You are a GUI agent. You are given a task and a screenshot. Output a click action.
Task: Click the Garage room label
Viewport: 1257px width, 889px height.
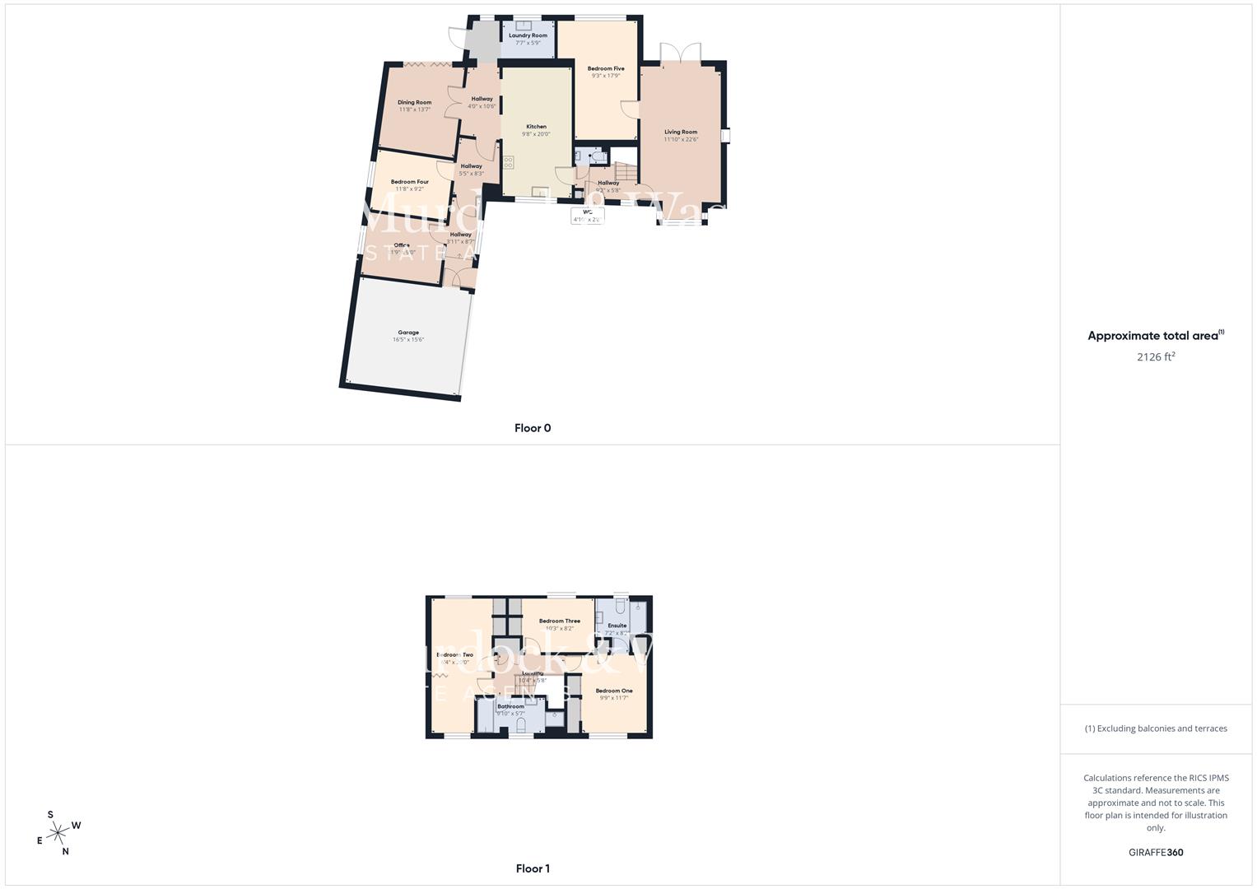(408, 333)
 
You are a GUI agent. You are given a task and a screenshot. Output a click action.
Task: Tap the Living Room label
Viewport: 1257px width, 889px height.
(681, 132)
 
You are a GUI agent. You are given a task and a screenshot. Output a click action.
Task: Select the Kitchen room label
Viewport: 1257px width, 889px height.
(536, 127)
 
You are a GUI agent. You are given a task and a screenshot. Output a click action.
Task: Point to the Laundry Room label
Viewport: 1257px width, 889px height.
(528, 35)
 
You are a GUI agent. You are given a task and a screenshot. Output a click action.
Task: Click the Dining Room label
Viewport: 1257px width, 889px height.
(415, 103)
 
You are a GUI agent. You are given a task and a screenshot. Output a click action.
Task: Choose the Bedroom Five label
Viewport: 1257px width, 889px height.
(606, 69)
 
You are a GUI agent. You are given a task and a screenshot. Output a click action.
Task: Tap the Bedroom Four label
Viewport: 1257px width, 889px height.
(409, 182)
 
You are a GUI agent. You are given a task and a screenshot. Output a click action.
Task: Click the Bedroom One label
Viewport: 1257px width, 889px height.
(614, 691)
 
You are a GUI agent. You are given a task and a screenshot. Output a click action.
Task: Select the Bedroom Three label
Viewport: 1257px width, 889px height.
(560, 621)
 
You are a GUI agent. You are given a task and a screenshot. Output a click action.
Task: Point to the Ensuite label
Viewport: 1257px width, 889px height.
(617, 626)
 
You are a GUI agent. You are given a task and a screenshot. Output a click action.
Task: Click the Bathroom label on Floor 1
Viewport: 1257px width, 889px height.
(510, 706)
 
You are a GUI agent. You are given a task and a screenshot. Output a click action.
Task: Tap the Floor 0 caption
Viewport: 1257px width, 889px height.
(533, 428)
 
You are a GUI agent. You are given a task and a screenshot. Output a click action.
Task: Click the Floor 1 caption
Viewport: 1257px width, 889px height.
(533, 868)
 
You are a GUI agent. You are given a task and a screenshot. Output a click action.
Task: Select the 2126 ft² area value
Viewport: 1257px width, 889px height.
(1156, 356)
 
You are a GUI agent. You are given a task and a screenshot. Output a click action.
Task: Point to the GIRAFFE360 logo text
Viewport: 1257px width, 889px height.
(1156, 853)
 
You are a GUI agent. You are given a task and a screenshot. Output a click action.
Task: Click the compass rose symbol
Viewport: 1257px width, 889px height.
(58, 834)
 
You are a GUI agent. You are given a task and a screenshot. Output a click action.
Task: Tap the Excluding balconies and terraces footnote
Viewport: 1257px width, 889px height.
(1156, 728)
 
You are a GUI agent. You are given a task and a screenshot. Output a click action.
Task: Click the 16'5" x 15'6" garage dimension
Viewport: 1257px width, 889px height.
(408, 340)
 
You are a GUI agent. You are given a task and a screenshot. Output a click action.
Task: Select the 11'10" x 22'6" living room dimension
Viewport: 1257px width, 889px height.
(681, 139)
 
